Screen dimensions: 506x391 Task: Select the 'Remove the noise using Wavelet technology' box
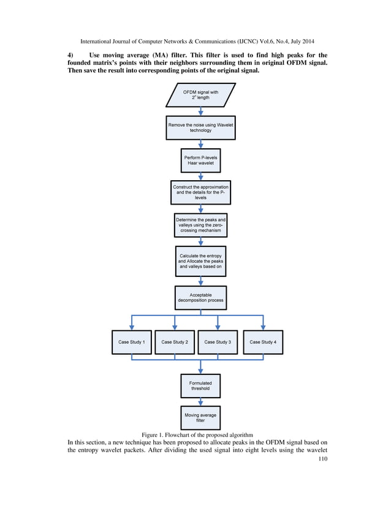(200, 127)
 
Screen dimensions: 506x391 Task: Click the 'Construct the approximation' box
(200, 192)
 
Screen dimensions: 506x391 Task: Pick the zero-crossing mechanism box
(200, 225)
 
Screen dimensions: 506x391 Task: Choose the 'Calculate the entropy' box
(200, 261)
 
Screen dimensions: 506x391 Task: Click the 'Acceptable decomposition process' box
(200, 298)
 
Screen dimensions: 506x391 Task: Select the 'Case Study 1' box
(131, 342)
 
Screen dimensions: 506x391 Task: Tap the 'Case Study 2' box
(175, 342)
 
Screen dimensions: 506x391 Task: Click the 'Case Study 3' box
(218, 342)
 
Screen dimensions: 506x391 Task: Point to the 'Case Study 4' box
(263, 342)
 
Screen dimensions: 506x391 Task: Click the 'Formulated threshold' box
(200, 385)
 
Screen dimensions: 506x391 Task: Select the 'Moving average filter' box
(200, 417)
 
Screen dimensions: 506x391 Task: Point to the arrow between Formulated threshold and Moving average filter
(200, 402)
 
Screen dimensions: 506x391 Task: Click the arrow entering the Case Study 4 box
(263, 323)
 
